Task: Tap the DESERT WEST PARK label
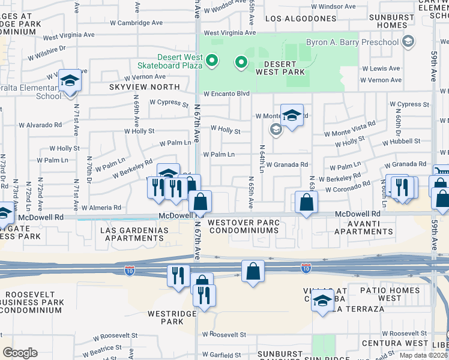pos(276,68)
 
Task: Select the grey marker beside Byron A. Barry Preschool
pos(409,42)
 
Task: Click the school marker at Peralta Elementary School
pos(70,82)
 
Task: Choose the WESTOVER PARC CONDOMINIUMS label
pos(243,227)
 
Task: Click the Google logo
pos(20,353)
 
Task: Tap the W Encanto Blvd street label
pos(226,94)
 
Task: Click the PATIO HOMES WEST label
pos(390,294)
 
